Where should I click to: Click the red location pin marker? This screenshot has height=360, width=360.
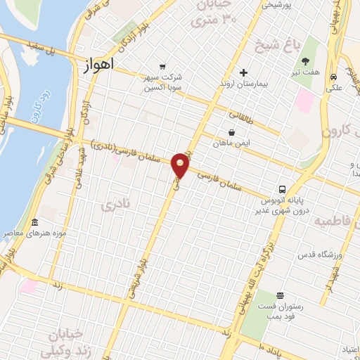pyautogui.click(x=181, y=165)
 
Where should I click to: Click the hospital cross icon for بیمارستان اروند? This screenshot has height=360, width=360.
pyautogui.click(x=243, y=72)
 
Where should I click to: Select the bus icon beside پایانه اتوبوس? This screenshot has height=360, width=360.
pyautogui.click(x=282, y=189)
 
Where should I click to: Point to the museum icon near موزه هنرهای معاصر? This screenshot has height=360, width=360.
pyautogui.click(x=34, y=222)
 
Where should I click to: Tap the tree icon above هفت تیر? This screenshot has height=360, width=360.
pyautogui.click(x=304, y=61)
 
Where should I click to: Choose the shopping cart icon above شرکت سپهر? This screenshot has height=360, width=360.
pyautogui.click(x=163, y=67)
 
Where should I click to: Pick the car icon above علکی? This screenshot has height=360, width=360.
pyautogui.click(x=333, y=77)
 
